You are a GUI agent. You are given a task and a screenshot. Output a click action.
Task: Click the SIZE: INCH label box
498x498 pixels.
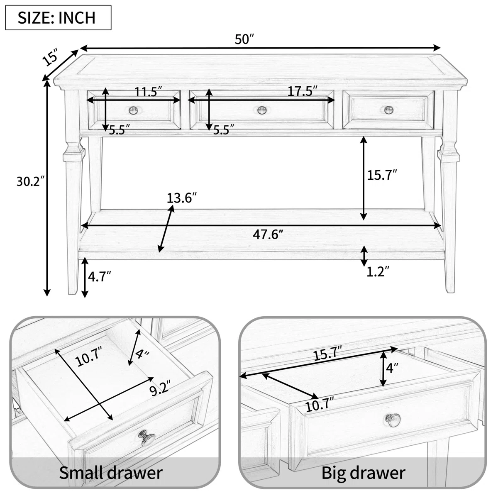click(59, 17)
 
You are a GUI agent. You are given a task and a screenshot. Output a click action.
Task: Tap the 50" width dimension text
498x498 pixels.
click(244, 39)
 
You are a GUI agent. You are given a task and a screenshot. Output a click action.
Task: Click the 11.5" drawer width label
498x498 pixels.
click(149, 91)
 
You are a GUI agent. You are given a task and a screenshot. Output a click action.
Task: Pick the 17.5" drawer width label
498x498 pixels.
click(303, 91)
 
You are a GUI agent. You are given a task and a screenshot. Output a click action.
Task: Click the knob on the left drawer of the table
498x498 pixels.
click(133, 110)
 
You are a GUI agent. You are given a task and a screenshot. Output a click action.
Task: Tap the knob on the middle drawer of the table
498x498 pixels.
click(262, 110)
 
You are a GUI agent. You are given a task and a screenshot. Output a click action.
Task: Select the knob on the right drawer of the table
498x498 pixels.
click(389, 110)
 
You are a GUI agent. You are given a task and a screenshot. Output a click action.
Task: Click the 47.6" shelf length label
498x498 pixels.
click(268, 234)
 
